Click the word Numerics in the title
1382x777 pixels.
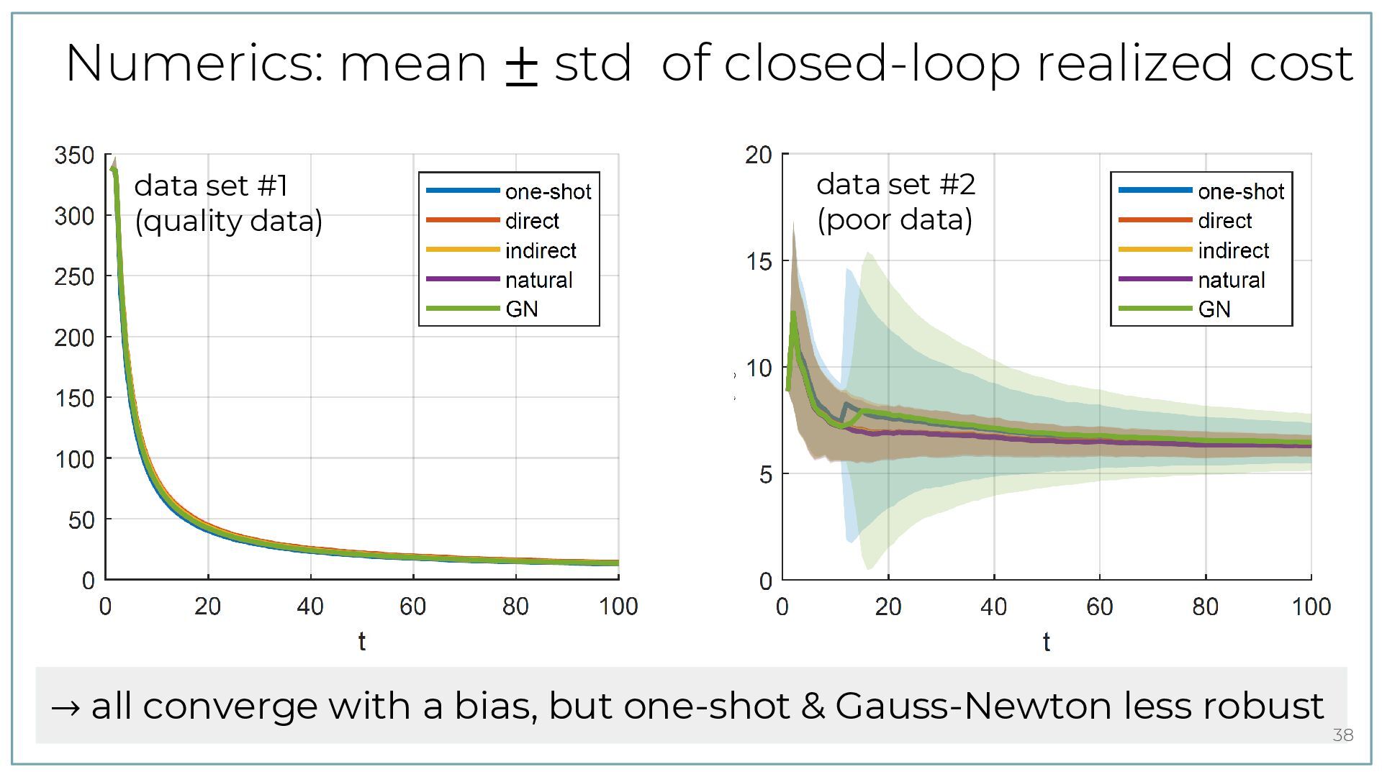coord(195,63)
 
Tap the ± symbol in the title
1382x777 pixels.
coord(522,65)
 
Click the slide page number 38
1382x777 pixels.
coord(1342,735)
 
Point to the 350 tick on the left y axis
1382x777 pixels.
coord(74,155)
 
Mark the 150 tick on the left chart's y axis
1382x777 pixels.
coord(74,398)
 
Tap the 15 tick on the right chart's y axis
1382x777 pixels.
coord(758,261)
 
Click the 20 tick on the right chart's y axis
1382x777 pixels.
coord(758,155)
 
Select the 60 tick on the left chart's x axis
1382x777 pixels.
coord(412,606)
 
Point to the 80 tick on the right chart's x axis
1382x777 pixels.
coord(1205,606)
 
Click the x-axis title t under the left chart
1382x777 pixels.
coord(361,641)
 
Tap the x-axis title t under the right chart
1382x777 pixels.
coord(1046,642)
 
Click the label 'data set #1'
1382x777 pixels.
coord(211,186)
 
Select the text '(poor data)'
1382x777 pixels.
coord(894,219)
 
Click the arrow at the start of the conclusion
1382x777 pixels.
coord(66,707)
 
